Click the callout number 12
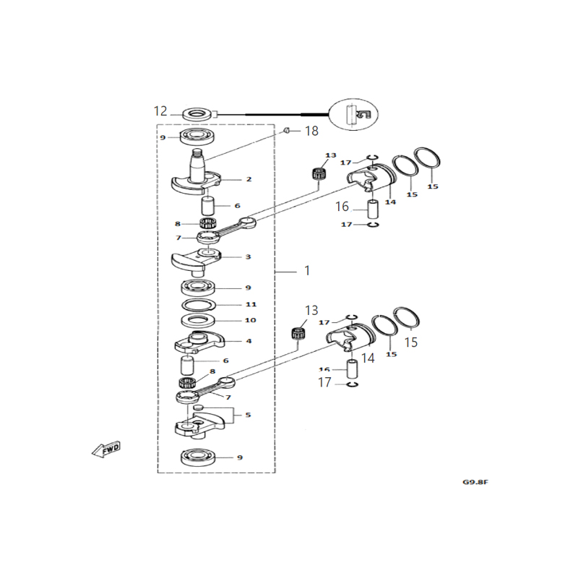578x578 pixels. (160, 111)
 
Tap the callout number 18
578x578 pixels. (311, 131)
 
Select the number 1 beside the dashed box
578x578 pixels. (307, 271)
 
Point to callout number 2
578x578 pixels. (228, 179)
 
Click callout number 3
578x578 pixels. (228, 256)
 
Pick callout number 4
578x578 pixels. (228, 341)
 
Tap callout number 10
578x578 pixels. (230, 321)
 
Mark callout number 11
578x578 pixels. (230, 304)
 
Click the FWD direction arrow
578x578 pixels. (106, 449)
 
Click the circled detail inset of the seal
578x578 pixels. (353, 113)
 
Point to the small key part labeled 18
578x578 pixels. (286, 130)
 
